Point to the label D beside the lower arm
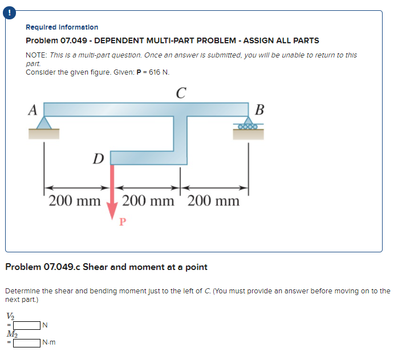99,158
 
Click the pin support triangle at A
44,122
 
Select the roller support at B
248,124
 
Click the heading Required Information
62,27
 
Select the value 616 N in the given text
157,72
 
